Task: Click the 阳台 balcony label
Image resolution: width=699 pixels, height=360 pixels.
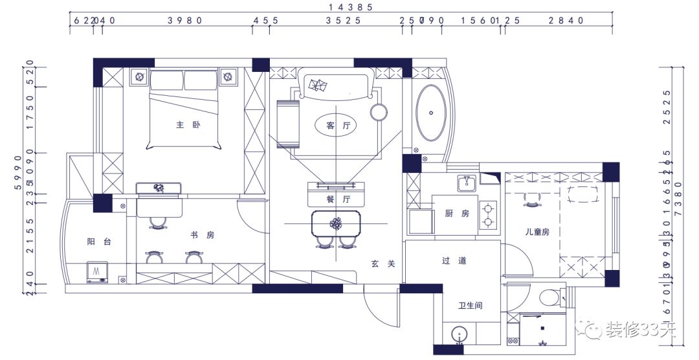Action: coord(99,242)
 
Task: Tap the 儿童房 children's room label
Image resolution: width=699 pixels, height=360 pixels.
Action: coord(537,231)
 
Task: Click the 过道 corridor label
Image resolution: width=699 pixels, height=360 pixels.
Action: coord(454,261)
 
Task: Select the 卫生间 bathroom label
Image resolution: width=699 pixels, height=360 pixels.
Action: coord(470,306)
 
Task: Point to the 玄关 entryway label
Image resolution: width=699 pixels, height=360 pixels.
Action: coord(383,264)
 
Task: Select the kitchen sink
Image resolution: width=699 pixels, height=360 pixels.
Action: coord(466,184)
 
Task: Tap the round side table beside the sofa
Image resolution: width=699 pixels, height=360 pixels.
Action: coord(378,111)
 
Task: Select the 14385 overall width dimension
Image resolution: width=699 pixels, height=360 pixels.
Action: coord(350,7)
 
